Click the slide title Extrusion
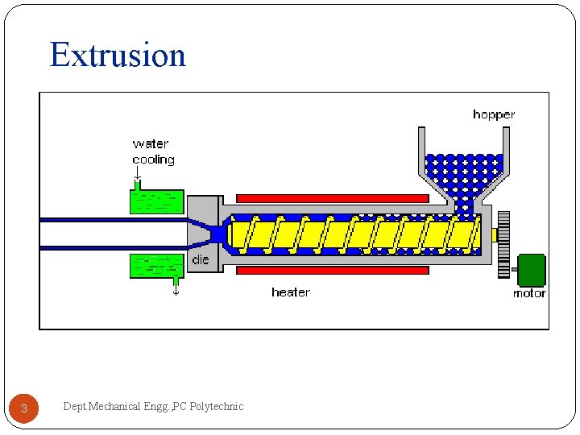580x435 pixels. [118, 55]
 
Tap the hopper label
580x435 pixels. [493, 114]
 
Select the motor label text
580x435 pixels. [529, 293]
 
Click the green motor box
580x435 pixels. [531, 270]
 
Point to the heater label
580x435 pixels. [290, 292]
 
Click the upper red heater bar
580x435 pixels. [332, 198]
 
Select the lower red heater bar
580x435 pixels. [332, 271]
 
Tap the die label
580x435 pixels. [201, 260]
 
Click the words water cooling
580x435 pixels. [153, 151]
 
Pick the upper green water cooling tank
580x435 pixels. [157, 201]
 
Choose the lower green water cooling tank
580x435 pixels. [157, 266]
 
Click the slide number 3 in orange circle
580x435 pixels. [24, 408]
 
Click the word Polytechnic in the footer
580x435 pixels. [216, 406]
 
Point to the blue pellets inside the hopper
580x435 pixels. [463, 171]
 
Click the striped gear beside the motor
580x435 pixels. [503, 244]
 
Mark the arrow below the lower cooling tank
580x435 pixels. [176, 288]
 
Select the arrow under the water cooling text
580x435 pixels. [138, 174]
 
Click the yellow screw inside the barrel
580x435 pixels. [354, 234]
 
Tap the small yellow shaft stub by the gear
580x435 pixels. [493, 235]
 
